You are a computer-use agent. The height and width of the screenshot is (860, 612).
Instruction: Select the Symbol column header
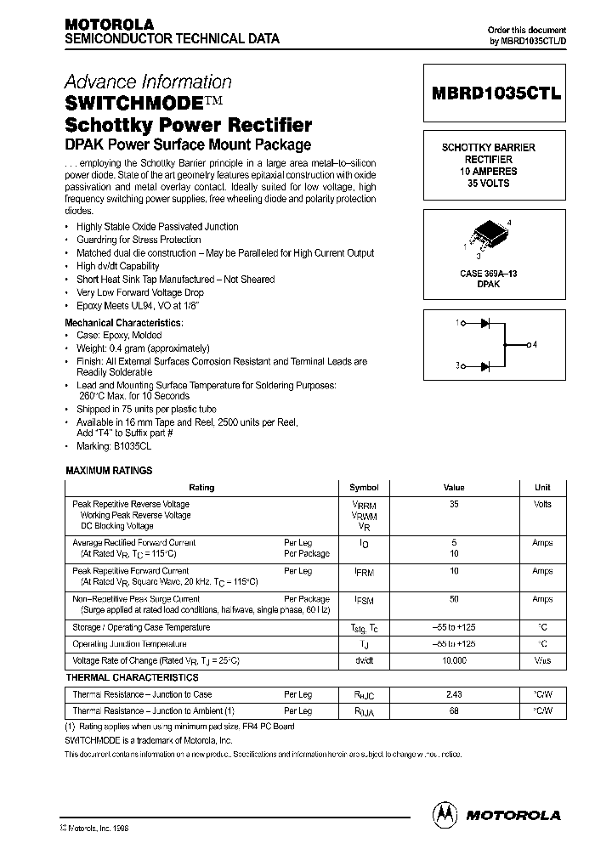364,488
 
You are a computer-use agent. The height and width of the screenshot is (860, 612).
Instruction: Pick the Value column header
454,488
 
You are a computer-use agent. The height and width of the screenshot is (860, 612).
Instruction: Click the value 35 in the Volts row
454,504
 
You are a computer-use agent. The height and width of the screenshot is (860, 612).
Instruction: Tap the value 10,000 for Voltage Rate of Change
454,659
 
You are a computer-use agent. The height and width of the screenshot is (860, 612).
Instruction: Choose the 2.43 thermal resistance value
454,694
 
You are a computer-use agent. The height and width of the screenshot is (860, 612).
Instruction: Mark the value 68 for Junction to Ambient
454,710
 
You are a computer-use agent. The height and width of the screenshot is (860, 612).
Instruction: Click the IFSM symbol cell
364,600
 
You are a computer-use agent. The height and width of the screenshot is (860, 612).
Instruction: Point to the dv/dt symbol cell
364,659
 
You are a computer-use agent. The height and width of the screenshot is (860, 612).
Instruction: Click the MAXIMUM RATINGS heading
110,470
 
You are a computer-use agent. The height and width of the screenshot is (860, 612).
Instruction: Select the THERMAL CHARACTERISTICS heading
132,677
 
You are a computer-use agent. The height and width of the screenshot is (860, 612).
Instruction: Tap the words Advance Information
148,82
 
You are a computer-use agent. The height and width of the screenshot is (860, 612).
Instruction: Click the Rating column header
201,488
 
